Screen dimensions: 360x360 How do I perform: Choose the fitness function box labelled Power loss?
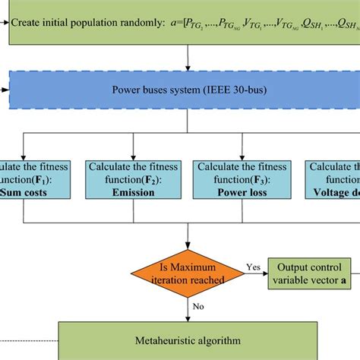click(229, 178)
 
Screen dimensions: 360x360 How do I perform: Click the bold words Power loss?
click(229, 192)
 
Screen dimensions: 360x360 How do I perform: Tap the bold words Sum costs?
click(30, 192)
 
